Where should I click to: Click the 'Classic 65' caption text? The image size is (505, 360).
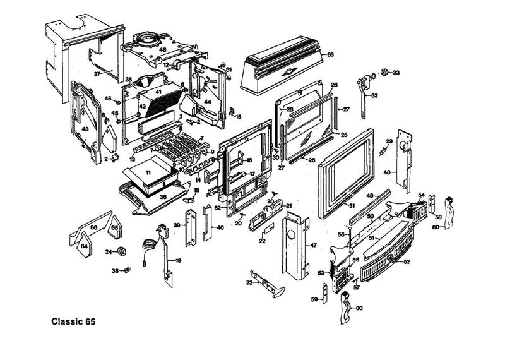pyautogui.click(x=73, y=321)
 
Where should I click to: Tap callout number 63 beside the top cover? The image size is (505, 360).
pyautogui.click(x=330, y=54)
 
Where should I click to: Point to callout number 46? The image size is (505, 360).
pyautogui.click(x=162, y=49)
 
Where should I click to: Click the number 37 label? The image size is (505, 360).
pyautogui.click(x=97, y=74)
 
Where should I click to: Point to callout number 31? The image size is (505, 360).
pyautogui.click(x=352, y=207)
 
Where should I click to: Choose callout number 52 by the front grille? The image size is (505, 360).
pyautogui.click(x=407, y=261)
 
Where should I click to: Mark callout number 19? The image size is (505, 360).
pyautogui.click(x=179, y=260)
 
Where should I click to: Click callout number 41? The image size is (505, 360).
pyautogui.click(x=158, y=92)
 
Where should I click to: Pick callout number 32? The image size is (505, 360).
pyautogui.click(x=374, y=96)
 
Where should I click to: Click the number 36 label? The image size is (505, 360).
pyautogui.click(x=163, y=197)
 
